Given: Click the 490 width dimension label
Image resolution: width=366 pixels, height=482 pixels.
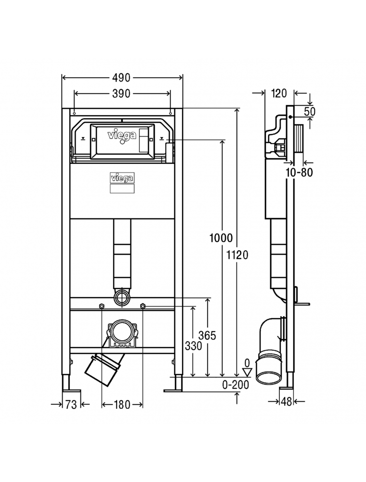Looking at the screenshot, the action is (x=121, y=78).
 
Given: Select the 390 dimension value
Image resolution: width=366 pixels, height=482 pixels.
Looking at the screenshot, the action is (x=121, y=94).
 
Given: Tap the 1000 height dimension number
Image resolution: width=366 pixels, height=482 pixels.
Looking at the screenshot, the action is (x=221, y=238).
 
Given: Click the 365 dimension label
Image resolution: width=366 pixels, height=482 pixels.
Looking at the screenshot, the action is (x=207, y=335).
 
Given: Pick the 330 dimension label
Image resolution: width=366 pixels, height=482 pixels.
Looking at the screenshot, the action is (x=194, y=346).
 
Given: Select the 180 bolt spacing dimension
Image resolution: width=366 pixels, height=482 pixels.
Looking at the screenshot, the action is (x=122, y=404).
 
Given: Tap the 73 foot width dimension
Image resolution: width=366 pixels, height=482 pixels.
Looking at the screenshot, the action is (x=71, y=404).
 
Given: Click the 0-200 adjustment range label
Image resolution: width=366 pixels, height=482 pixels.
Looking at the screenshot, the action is (x=235, y=385).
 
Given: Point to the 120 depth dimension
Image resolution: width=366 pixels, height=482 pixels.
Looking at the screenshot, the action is (x=279, y=93).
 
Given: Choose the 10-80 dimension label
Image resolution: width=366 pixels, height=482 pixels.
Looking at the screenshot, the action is (x=300, y=172).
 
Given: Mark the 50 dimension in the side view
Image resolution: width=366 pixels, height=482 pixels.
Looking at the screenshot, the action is (x=310, y=111).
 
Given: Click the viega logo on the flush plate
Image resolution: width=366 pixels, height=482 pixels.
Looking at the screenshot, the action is (x=121, y=135).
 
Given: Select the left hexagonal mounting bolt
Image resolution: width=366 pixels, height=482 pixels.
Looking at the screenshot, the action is (x=101, y=306).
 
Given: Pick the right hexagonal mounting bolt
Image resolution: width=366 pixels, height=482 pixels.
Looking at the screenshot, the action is (x=143, y=306).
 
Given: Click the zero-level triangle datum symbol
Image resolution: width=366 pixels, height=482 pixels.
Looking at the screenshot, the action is (x=247, y=372).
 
